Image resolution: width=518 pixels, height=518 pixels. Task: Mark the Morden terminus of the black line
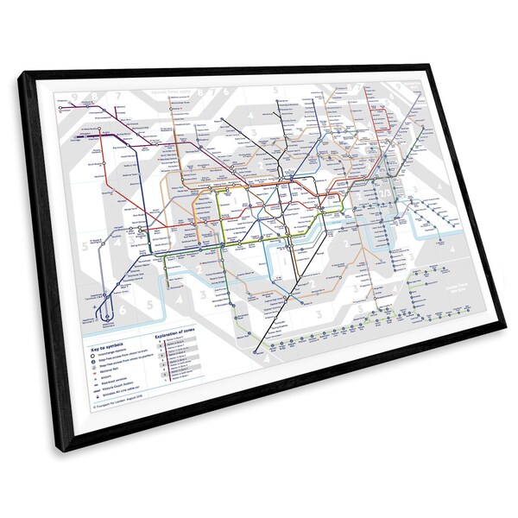[x=256, y=352]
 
